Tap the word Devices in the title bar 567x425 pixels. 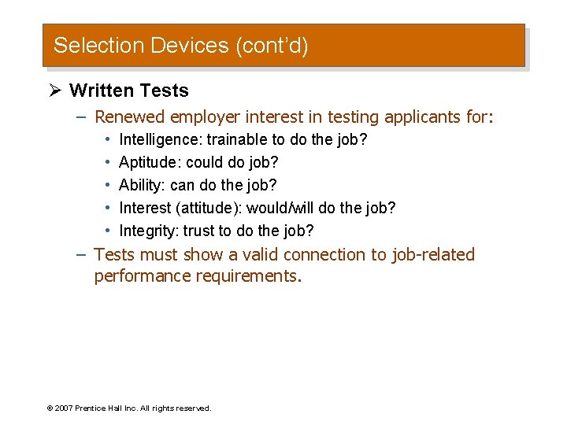coord(187,46)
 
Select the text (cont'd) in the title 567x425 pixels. coord(271,46)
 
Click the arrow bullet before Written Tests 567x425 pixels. coord(55,91)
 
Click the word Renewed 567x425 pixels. coord(130,117)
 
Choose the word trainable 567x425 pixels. coord(237,140)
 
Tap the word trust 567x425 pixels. coord(198,231)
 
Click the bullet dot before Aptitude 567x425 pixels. coord(106,163)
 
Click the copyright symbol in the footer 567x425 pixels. coord(50,408)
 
